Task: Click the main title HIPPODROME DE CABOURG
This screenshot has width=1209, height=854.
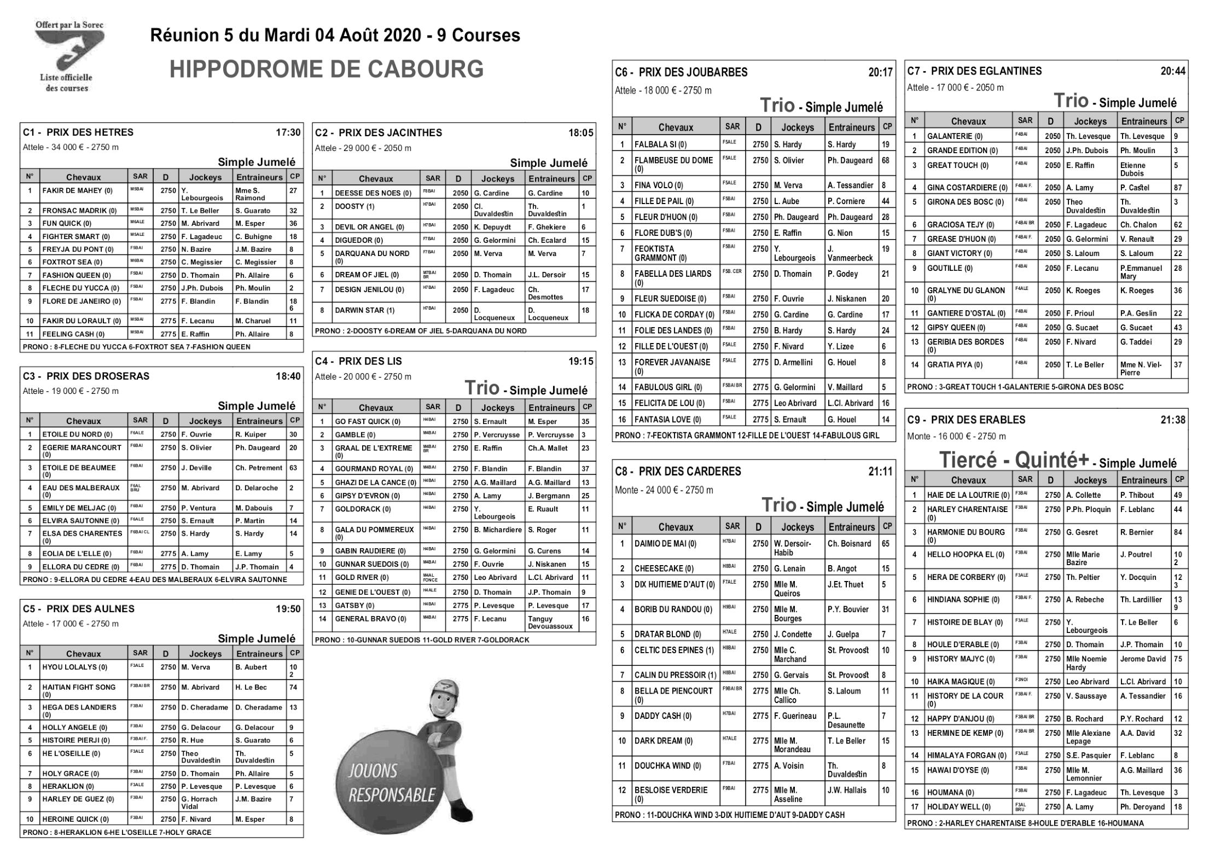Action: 327,70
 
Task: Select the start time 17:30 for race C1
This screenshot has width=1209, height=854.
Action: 288,132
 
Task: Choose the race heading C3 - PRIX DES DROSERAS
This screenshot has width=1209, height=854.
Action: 86,376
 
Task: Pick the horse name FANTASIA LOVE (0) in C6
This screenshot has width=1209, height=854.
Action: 667,420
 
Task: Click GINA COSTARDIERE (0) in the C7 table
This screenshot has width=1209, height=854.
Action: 967,188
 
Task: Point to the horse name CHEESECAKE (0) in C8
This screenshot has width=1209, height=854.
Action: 664,569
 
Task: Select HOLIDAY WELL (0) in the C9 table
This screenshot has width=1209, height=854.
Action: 958,807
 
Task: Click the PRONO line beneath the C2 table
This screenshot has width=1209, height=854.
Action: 420,331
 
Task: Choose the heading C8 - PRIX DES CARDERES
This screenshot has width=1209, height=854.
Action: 678,472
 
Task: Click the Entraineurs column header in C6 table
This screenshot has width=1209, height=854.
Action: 851,127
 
